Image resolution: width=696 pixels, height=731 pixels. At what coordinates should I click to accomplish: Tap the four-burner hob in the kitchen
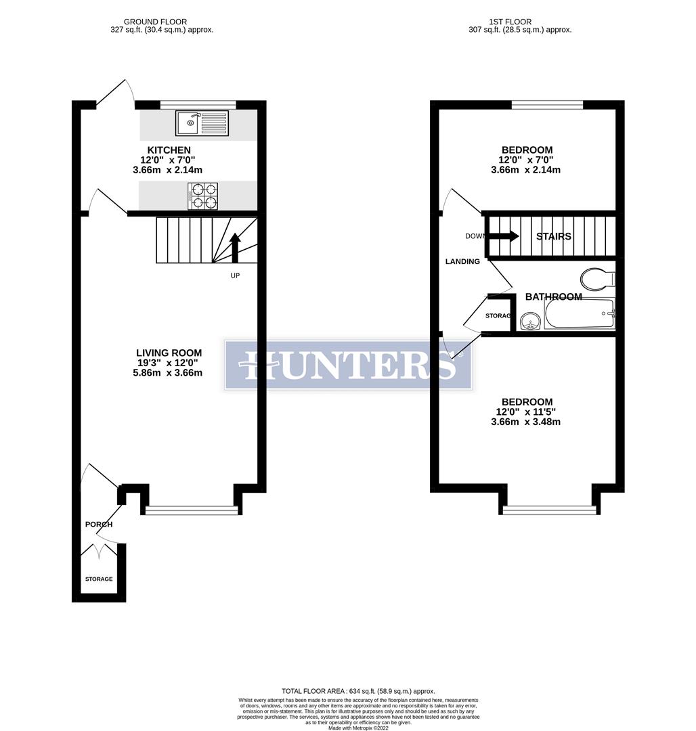pos(202,196)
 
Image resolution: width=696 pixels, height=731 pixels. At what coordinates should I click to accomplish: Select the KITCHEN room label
pos(169,150)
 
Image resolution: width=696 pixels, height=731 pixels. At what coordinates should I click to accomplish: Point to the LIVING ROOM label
pos(169,353)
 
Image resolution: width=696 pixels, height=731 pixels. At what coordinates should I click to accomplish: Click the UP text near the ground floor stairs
pos(235,275)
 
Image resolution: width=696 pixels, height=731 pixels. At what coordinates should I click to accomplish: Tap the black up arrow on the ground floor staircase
pos(235,248)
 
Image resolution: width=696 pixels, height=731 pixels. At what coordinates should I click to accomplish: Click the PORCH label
pos(99,525)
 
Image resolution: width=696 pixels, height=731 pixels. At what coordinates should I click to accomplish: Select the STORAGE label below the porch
pos(99,579)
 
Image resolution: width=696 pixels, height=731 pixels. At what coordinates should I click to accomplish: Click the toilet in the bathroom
pos(596,278)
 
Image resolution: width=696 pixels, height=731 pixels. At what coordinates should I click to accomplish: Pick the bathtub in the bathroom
pos(580,314)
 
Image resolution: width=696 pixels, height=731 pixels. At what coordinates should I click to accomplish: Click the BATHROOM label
pos(553,296)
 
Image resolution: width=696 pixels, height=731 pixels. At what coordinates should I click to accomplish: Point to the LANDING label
pos(462,261)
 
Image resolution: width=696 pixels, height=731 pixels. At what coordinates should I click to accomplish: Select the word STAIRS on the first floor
pos(553,236)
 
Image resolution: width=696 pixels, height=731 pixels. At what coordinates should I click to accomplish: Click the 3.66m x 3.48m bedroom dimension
pos(525,422)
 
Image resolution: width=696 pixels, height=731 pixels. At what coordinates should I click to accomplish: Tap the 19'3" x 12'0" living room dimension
pos(169,363)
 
